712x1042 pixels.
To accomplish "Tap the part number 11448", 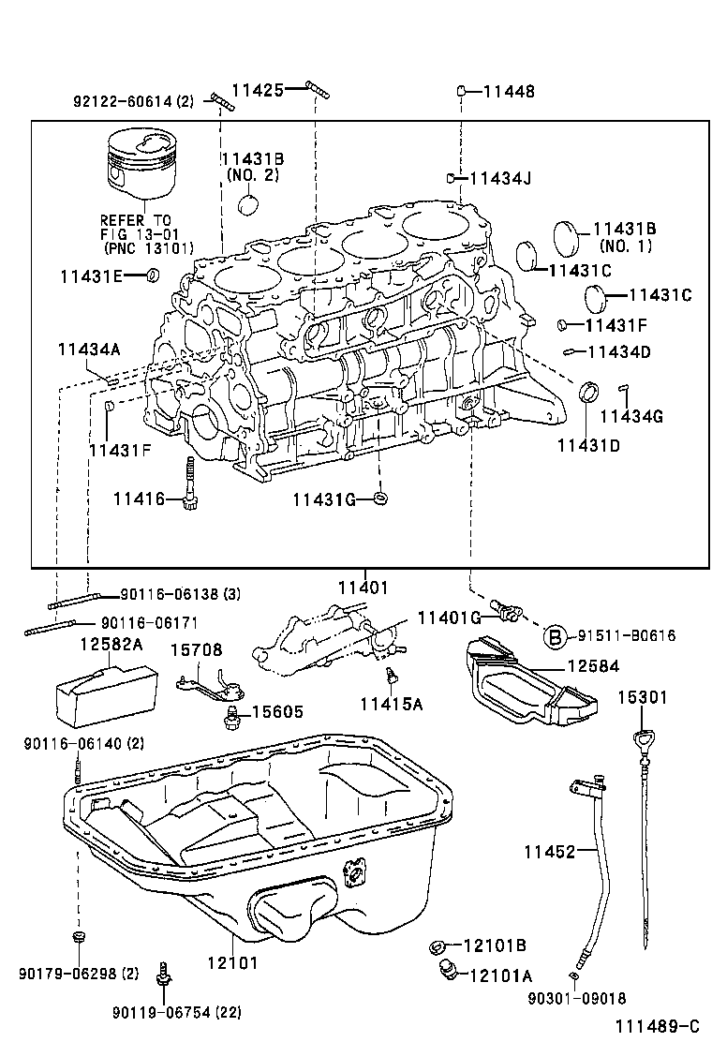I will [x=509, y=91].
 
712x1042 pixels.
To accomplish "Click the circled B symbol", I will [x=555, y=635].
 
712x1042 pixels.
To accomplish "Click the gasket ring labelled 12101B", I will [x=438, y=946].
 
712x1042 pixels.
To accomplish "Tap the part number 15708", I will [x=196, y=649].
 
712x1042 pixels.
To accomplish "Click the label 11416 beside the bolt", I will [x=139, y=499].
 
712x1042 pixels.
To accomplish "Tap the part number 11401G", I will [x=449, y=617].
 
